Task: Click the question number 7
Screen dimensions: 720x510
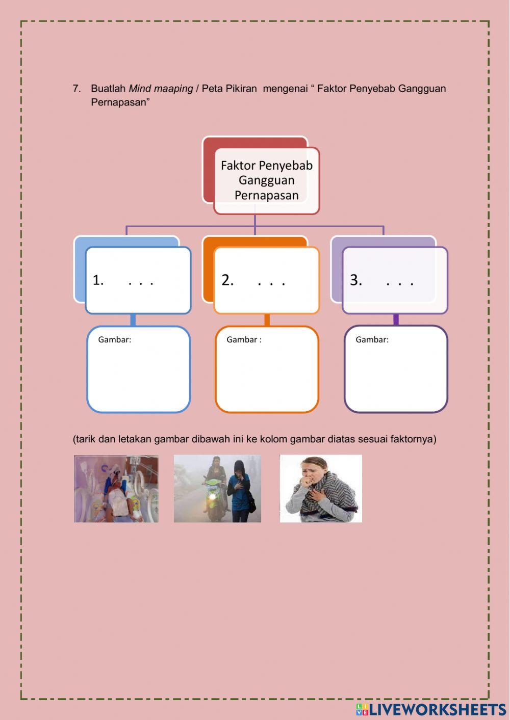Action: click(76, 89)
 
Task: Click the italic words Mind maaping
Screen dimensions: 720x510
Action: click(161, 89)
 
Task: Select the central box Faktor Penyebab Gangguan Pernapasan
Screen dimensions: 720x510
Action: click(266, 180)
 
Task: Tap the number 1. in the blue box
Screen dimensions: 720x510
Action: click(98, 280)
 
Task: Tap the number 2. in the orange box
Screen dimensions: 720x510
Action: click(227, 280)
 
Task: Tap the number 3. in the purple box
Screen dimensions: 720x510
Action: click(355, 280)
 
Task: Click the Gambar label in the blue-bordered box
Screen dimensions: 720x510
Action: click(114, 340)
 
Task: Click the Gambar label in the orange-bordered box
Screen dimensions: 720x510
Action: click(244, 340)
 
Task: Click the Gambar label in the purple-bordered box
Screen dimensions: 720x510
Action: click(372, 340)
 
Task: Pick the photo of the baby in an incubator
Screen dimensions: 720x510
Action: click(116, 489)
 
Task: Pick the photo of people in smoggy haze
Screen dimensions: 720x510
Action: click(217, 489)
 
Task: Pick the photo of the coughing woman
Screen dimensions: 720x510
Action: click(321, 489)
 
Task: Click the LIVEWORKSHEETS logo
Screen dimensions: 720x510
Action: click(431, 709)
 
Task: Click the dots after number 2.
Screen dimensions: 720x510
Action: click(271, 282)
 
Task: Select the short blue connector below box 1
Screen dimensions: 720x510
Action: click(133, 320)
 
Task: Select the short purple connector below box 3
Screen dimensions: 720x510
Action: click(396, 320)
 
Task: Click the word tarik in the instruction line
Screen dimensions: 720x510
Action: click(85, 439)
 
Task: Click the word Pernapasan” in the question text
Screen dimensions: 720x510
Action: click(120, 102)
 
